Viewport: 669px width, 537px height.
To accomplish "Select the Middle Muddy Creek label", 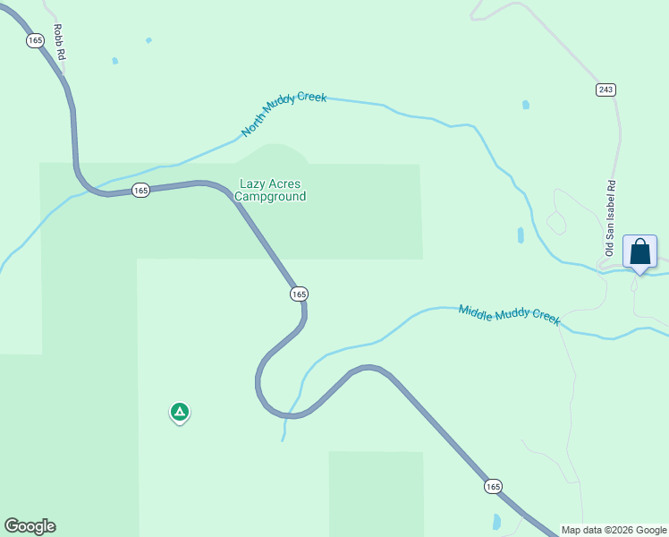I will pos(509,315).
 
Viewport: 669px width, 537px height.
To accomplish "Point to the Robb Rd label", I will pos(58,42).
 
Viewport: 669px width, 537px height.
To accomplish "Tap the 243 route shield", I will pos(606,89).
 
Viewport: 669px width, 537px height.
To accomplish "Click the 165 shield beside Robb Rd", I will pos(35,40).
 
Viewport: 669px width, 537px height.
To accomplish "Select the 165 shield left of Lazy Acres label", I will pos(140,190).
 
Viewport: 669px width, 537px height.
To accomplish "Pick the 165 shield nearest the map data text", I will pos(493,486).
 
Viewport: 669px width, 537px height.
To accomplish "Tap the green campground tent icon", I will pos(180,412).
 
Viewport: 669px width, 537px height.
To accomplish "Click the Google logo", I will pos(30,526).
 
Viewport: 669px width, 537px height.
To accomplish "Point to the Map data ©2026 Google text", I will pos(614,530).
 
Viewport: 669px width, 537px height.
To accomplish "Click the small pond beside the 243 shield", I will pos(526,105).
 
